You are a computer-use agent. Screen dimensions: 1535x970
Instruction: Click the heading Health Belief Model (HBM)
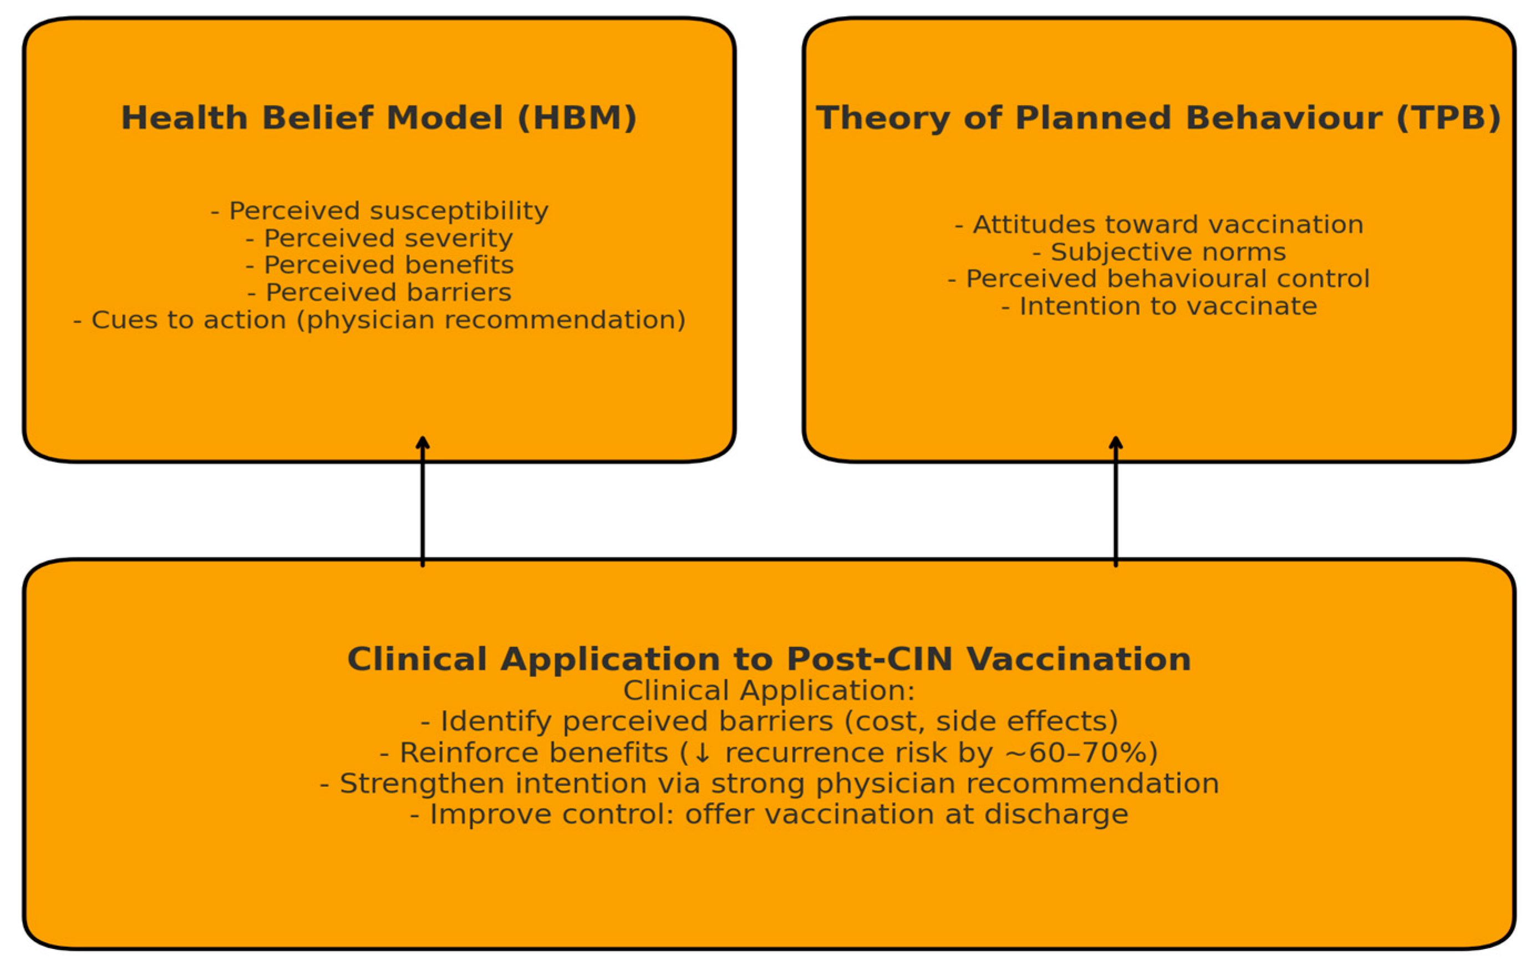click(x=379, y=118)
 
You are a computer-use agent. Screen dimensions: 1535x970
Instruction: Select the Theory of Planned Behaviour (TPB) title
click(x=1159, y=118)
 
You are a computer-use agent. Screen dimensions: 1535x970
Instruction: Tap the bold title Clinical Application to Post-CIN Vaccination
click(x=769, y=659)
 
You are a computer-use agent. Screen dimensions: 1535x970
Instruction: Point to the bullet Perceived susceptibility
click(x=379, y=210)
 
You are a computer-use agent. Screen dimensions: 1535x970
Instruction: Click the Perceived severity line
click(x=379, y=238)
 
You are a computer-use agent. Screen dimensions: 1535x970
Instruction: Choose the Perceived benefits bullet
click(x=379, y=265)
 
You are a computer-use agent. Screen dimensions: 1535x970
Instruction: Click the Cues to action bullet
click(x=379, y=320)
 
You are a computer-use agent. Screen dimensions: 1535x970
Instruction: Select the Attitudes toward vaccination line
click(x=1159, y=225)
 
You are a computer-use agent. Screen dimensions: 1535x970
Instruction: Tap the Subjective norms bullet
click(x=1159, y=252)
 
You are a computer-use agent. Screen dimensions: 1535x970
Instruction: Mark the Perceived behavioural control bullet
click(x=1159, y=279)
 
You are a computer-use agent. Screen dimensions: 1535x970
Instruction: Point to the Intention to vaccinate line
click(x=1159, y=306)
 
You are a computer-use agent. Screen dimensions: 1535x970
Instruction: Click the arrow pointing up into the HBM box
click(x=423, y=501)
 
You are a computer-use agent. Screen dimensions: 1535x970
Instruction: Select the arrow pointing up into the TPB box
click(x=1116, y=501)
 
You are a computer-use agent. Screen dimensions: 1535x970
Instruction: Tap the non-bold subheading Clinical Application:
click(x=769, y=691)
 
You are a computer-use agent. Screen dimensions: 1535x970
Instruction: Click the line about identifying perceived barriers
click(x=769, y=721)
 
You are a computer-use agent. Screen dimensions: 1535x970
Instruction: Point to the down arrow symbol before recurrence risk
click(x=702, y=753)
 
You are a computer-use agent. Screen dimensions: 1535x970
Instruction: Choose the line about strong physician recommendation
click(x=769, y=783)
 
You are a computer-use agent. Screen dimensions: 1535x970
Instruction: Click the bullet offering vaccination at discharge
click(x=769, y=815)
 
